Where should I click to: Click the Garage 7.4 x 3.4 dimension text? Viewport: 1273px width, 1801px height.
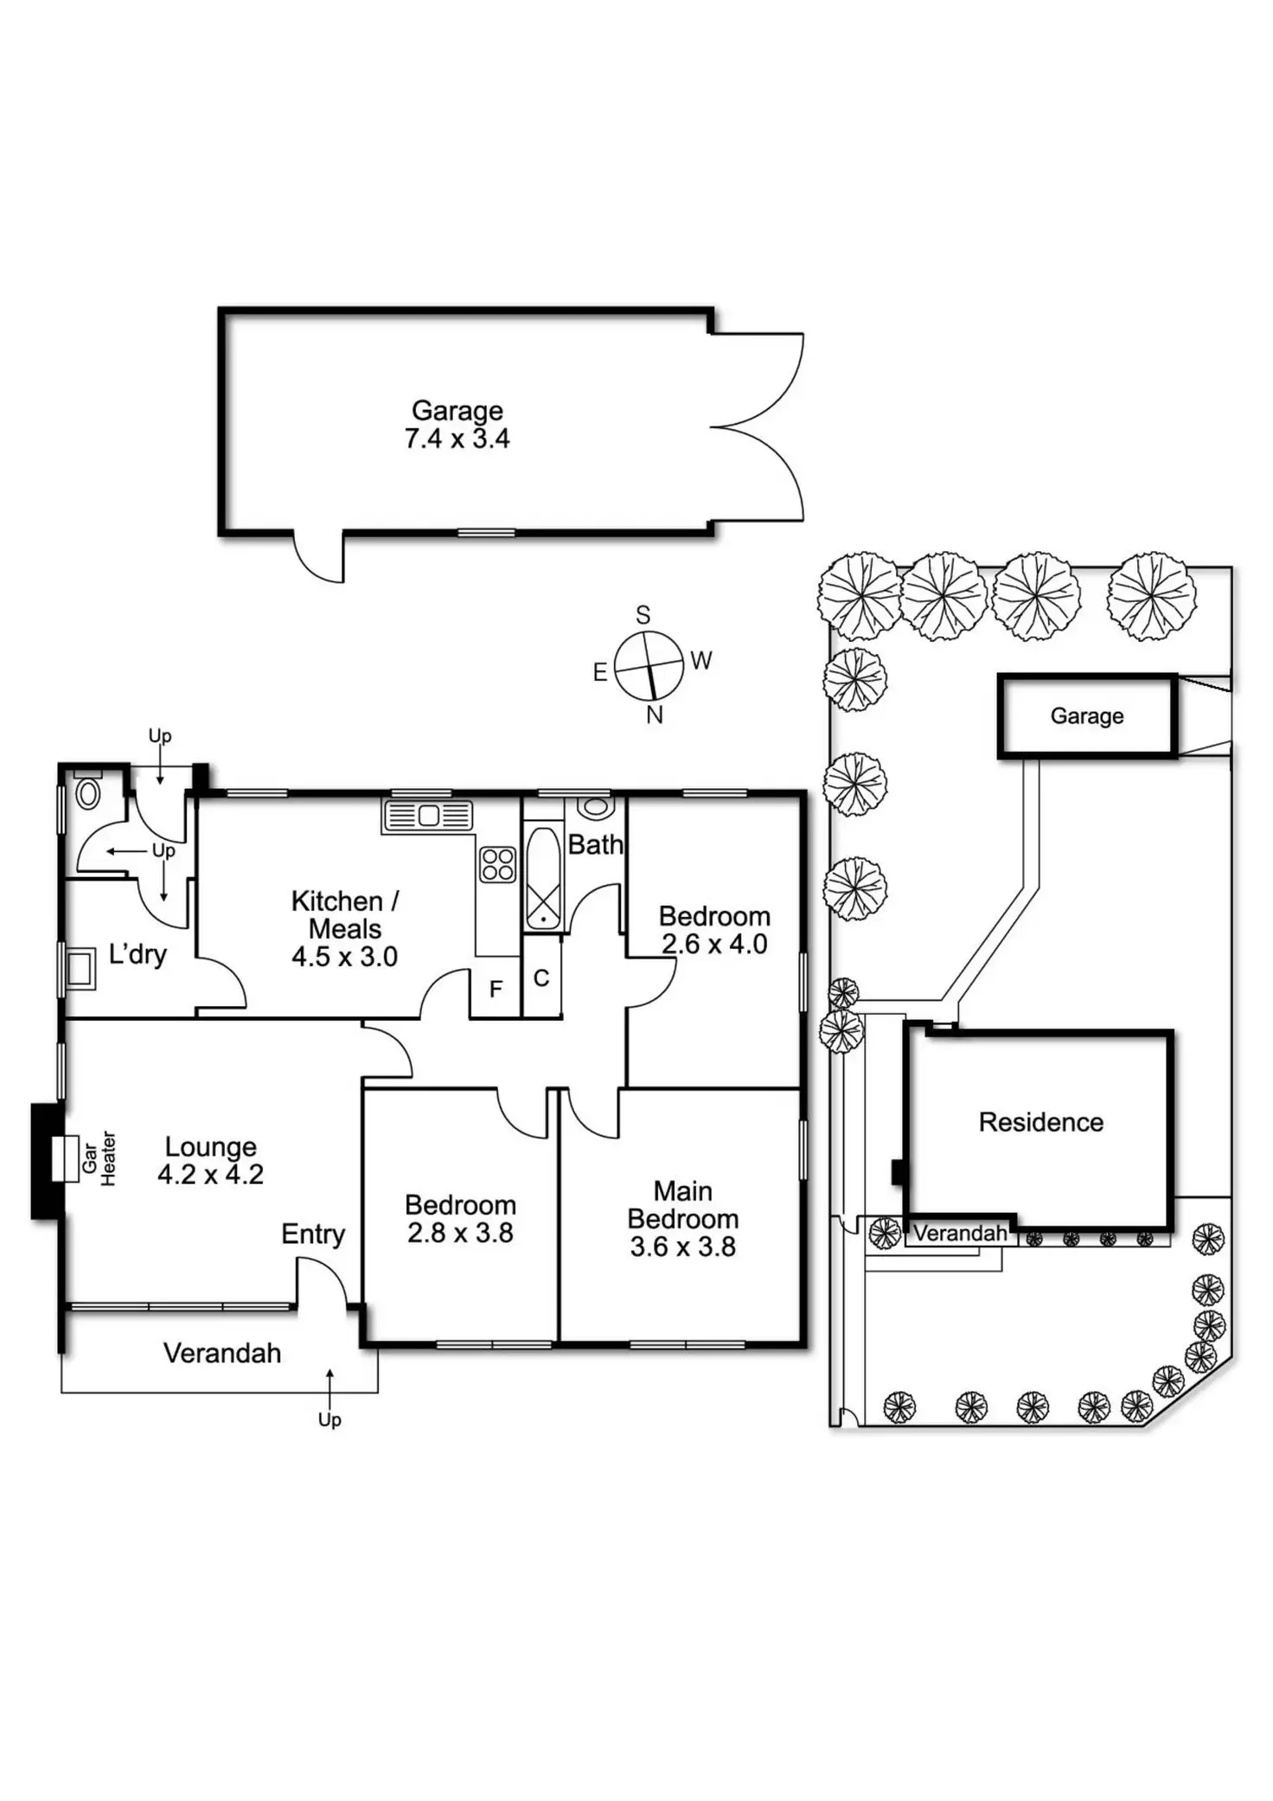point(457,439)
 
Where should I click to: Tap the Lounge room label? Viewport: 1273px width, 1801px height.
point(210,1147)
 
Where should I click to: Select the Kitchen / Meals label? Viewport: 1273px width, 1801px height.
point(344,914)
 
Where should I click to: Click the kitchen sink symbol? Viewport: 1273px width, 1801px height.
point(427,816)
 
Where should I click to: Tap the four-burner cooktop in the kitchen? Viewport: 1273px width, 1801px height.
point(498,864)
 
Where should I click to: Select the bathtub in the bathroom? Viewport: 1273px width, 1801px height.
point(542,878)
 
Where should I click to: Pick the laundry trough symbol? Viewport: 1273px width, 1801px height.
point(80,968)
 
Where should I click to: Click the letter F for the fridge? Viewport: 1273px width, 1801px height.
point(496,989)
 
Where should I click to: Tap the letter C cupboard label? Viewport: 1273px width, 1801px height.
point(541,978)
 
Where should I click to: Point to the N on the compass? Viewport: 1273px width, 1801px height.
point(655,715)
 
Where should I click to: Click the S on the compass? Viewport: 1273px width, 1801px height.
point(643,615)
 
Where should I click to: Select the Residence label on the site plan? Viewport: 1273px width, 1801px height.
point(1040,1122)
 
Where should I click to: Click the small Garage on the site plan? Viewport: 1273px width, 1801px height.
point(1086,715)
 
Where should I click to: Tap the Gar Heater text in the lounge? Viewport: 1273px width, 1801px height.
point(99,1158)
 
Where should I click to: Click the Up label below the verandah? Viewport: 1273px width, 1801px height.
point(329,1420)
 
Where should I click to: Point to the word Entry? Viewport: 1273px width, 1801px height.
point(313,1234)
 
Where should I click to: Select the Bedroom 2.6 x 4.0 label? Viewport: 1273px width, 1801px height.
point(714,930)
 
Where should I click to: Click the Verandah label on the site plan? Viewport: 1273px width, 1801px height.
point(960,1234)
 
